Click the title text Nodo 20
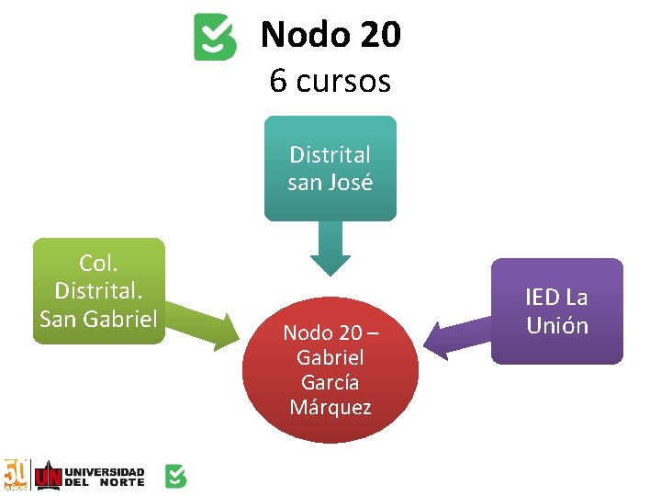click(330, 35)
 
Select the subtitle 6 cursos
click(330, 81)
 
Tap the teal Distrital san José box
click(330, 168)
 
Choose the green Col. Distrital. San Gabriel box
click(99, 290)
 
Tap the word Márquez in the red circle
click(330, 407)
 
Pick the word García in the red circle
click(330, 382)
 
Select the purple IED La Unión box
click(556, 311)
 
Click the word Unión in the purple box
click(556, 325)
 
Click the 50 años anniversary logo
click(16, 475)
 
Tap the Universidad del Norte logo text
click(102, 475)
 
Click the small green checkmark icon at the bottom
click(175, 476)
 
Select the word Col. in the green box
click(98, 264)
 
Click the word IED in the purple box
click(542, 298)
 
